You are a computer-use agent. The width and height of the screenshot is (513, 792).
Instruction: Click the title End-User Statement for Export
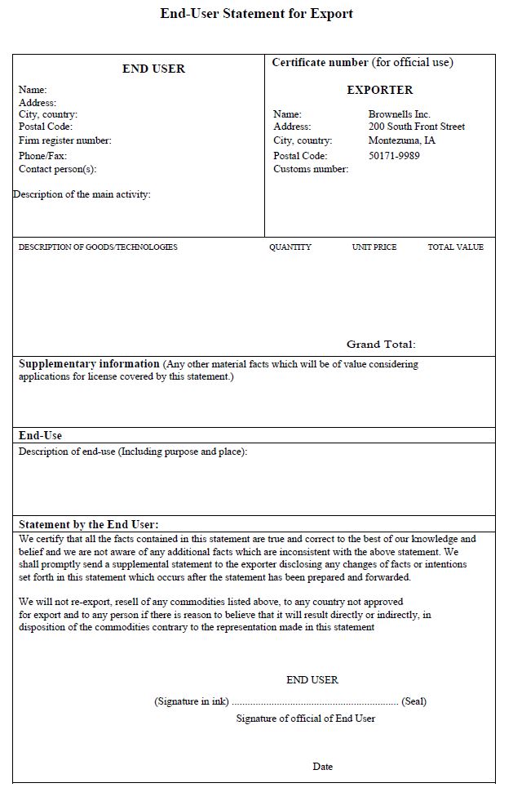pos(257,14)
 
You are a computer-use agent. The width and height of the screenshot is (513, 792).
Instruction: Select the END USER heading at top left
pos(153,69)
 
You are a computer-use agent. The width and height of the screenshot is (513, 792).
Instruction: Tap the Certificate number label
pos(321,62)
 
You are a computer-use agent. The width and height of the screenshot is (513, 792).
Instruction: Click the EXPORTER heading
pos(379,90)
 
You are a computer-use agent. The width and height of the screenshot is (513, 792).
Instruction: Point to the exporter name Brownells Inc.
pos(399,114)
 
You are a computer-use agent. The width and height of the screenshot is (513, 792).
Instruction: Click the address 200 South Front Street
pos(416,127)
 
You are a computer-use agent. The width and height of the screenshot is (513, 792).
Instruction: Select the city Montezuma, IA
pos(401,140)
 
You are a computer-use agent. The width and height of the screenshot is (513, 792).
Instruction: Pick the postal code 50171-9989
pos(394,155)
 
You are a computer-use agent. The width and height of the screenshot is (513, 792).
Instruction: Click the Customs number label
pos(311,169)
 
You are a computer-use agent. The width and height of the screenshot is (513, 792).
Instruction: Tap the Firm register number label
pos(64,140)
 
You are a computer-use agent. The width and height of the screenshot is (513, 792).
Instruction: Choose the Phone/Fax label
pos(42,155)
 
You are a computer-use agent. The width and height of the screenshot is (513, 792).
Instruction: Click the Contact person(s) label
pos(57,169)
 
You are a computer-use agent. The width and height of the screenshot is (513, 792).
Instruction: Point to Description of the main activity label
pos(82,194)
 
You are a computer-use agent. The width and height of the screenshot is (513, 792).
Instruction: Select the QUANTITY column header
pos(290,247)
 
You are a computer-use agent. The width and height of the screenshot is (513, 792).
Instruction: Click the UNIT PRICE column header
pos(374,247)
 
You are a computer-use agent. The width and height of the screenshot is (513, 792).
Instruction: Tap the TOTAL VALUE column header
pos(455,247)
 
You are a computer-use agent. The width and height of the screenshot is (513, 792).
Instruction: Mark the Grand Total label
pos(381,345)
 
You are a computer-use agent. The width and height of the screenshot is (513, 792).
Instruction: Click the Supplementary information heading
pos(89,364)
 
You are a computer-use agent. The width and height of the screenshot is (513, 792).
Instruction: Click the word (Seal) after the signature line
pos(414,701)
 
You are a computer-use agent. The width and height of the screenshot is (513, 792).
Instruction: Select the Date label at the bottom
pos(322,767)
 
